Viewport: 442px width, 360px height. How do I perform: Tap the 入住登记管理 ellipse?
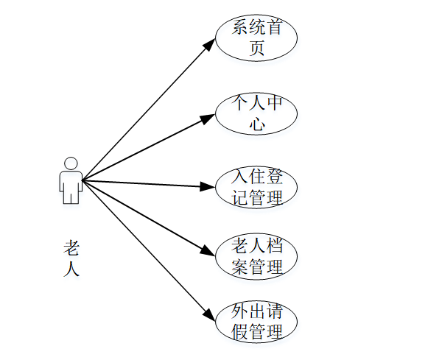point(256,187)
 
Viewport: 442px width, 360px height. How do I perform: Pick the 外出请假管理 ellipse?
point(256,322)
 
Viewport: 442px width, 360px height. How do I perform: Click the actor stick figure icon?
point(71,180)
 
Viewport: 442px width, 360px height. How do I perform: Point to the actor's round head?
point(71,163)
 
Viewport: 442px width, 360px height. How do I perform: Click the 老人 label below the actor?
point(71,258)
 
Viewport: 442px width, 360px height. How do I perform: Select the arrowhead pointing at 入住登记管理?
point(208,186)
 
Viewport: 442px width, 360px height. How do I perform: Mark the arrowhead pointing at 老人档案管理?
point(209,250)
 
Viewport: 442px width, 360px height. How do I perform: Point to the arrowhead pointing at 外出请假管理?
point(210,314)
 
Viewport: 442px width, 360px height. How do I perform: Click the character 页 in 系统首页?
point(256,49)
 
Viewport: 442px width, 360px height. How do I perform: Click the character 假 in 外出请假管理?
point(239,332)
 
